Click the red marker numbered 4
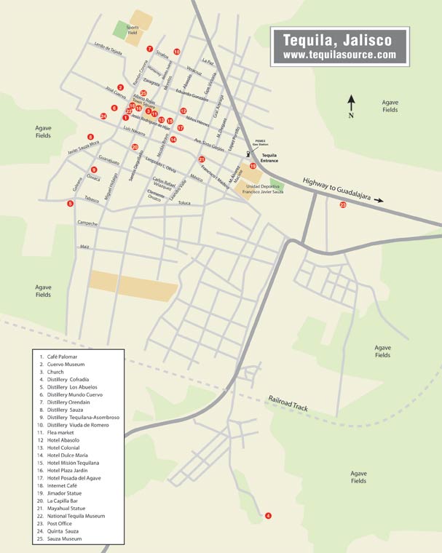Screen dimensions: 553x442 (x=268, y=516)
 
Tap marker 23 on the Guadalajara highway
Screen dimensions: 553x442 (x=342, y=205)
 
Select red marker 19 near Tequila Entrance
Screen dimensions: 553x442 (x=253, y=167)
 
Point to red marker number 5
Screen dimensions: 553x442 (x=70, y=204)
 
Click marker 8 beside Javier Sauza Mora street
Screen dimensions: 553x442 (x=90, y=137)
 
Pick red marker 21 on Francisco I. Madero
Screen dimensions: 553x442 (x=202, y=159)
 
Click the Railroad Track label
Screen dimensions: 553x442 (x=288, y=404)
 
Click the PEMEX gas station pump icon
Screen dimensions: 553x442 (x=248, y=153)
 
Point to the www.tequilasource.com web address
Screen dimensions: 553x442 (x=339, y=55)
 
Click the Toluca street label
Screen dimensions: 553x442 (x=184, y=203)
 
